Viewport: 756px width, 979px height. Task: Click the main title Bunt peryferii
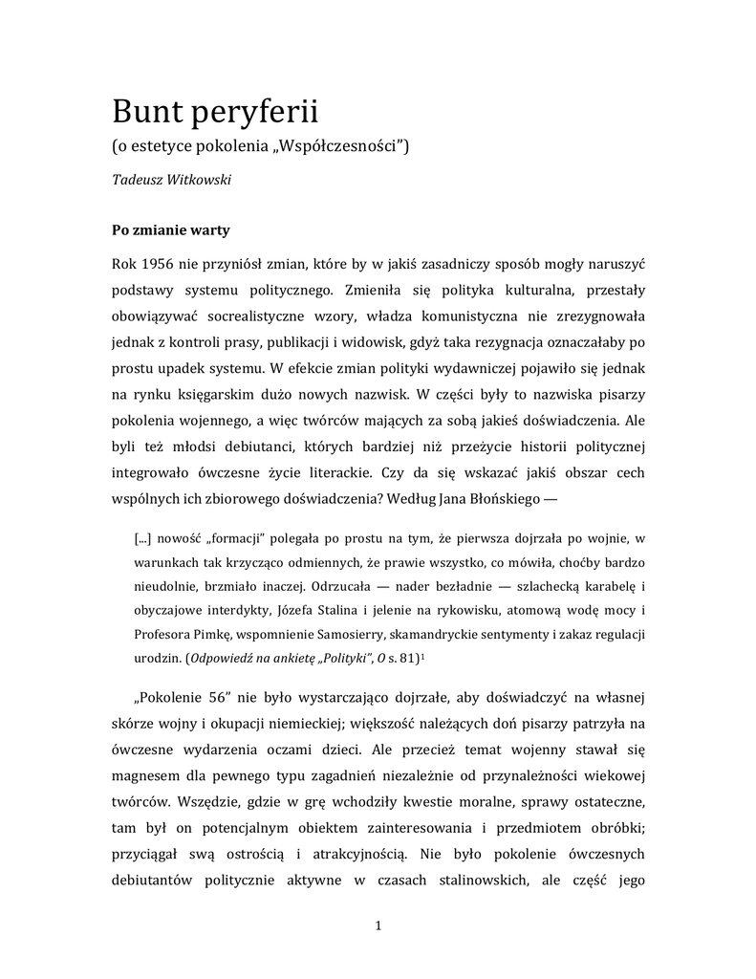214,113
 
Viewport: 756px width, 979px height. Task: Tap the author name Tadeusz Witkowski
173,180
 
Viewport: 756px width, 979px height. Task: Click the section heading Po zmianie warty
170,230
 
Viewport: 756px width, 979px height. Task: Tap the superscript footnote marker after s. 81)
421,655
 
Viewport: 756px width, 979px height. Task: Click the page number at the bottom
379,925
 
